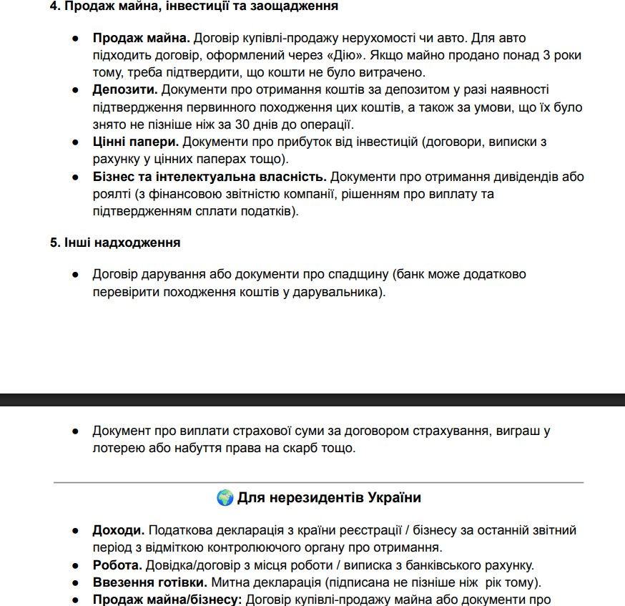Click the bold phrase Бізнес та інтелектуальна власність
[209, 176]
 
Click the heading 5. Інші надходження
[115, 242]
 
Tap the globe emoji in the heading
[225, 497]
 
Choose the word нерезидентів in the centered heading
[309, 497]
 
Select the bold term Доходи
[118, 530]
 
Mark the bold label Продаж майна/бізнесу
[167, 599]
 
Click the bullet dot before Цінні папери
[75, 142]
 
